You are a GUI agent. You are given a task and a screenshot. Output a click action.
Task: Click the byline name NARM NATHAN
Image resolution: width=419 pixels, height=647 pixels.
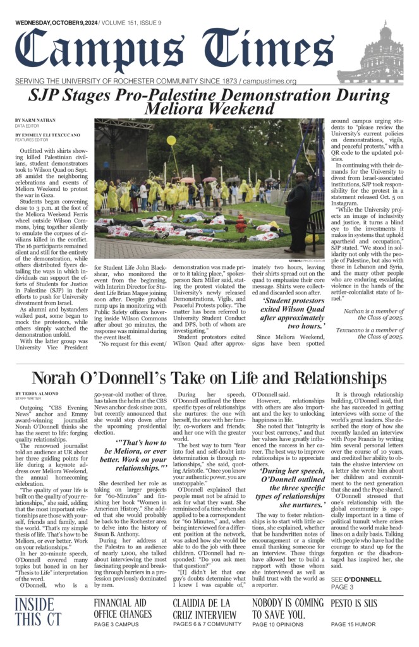[x=35, y=120]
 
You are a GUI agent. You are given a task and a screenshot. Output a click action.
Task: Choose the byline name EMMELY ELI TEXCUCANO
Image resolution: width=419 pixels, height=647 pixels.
[x=49, y=135]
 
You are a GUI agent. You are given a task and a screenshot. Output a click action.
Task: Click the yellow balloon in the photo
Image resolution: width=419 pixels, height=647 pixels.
[x=171, y=140]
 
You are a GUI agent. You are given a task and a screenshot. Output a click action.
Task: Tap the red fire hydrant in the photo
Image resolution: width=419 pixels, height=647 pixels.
[x=240, y=222]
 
